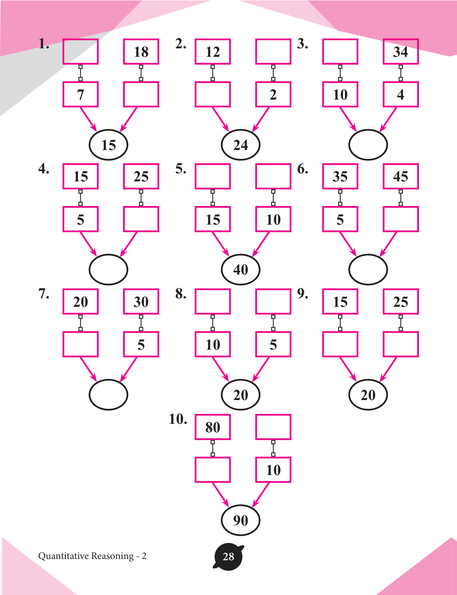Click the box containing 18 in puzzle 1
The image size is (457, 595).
click(141, 52)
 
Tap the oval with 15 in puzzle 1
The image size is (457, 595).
click(108, 145)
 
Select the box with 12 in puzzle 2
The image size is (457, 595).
click(212, 52)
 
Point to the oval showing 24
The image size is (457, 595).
click(240, 145)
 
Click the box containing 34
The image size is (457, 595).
click(400, 52)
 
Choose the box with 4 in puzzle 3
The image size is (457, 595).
click(400, 95)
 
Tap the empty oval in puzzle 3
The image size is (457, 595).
click(368, 145)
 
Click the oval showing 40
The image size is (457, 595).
click(240, 270)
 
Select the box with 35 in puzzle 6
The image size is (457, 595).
click(340, 176)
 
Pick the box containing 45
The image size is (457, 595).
click(400, 176)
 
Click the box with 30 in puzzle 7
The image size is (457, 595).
click(141, 302)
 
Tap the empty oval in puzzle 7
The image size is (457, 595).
click(108, 395)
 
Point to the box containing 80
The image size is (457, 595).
click(212, 427)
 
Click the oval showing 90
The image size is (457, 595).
click(240, 520)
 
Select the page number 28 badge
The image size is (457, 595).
click(228, 556)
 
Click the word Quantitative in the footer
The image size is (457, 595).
click(64, 556)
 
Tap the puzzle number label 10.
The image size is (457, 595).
click(178, 419)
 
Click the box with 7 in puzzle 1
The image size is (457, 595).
click(80, 95)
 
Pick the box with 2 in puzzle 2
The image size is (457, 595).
click(273, 95)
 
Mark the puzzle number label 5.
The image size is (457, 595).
click(181, 169)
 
